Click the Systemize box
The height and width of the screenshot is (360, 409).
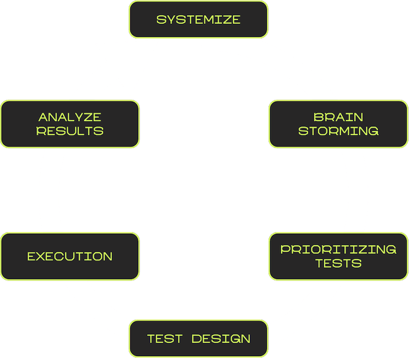199,20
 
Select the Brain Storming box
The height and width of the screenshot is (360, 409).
338,124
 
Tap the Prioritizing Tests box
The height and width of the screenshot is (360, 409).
338,256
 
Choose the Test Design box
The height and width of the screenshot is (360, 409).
199,339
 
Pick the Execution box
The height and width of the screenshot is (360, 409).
70,257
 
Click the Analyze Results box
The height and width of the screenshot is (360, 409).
70,124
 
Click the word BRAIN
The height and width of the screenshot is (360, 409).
339,117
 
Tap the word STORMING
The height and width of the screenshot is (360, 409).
339,131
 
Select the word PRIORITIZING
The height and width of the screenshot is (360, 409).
339,249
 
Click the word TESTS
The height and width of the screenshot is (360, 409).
339,263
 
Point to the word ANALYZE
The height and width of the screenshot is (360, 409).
70,117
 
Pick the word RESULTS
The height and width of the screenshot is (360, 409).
70,131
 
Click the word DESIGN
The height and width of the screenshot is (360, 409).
221,339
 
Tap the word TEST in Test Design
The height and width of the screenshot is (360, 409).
164,339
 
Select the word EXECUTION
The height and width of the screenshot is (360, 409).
70,257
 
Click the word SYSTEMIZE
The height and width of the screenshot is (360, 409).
199,20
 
